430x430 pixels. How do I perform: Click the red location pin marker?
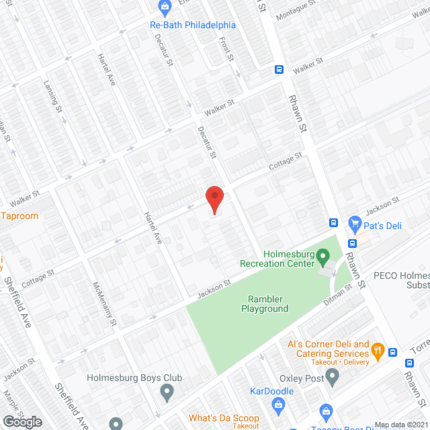214,200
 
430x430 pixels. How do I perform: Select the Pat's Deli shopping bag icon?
354,224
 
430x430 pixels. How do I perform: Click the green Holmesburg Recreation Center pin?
322,255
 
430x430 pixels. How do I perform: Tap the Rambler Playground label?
265,304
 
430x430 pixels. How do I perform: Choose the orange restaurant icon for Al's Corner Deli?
378,349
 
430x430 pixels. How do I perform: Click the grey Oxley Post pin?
332,378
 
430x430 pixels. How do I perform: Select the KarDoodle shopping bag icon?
279,403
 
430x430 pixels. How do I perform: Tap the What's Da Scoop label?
224,417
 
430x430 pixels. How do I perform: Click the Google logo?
23,421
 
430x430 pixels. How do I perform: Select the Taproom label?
20,216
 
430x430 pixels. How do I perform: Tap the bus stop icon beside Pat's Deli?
333,223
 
